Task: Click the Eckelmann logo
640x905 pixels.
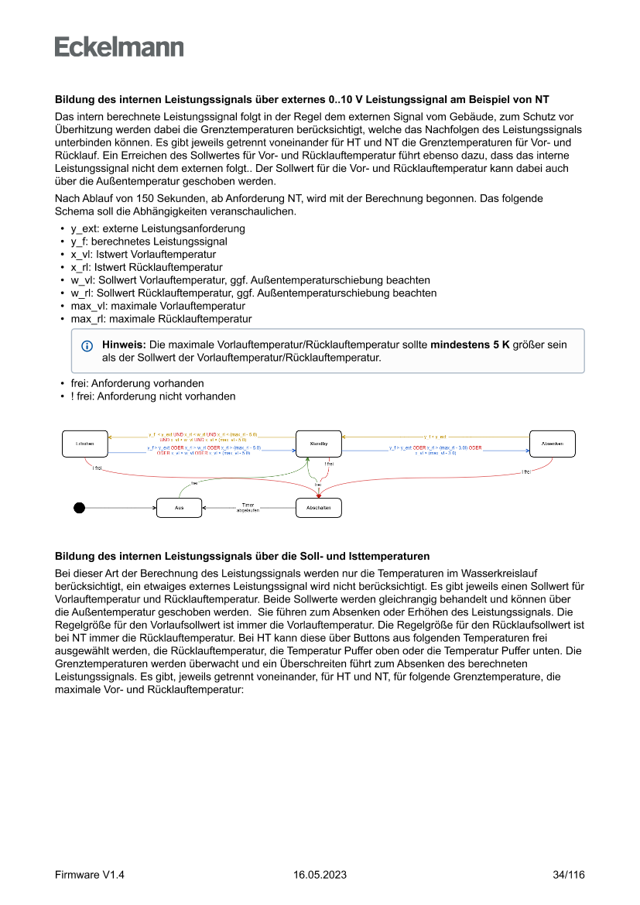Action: coord(119,46)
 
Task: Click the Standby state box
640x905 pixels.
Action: coord(319,444)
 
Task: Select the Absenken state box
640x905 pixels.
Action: coord(552,444)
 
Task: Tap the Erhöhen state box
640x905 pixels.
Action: coord(85,444)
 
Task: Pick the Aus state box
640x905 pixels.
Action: coord(179,508)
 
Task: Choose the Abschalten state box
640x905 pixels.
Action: coord(319,508)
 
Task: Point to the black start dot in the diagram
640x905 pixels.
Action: coord(78,508)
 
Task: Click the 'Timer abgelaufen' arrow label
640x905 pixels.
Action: coord(248,508)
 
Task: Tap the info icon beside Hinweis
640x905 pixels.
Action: coord(87,345)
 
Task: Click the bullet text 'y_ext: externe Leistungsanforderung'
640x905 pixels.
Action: coord(158,228)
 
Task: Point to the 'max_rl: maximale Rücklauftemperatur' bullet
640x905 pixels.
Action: coord(161,318)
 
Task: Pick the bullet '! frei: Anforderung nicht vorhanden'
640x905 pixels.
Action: coord(153,396)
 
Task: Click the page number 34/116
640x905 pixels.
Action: coord(569,875)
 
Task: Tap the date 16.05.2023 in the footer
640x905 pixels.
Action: coord(320,875)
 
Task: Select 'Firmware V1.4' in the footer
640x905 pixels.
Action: coord(90,875)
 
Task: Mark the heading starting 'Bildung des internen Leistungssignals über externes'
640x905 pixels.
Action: coord(302,100)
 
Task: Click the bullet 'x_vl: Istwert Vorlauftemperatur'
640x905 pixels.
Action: coord(143,254)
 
